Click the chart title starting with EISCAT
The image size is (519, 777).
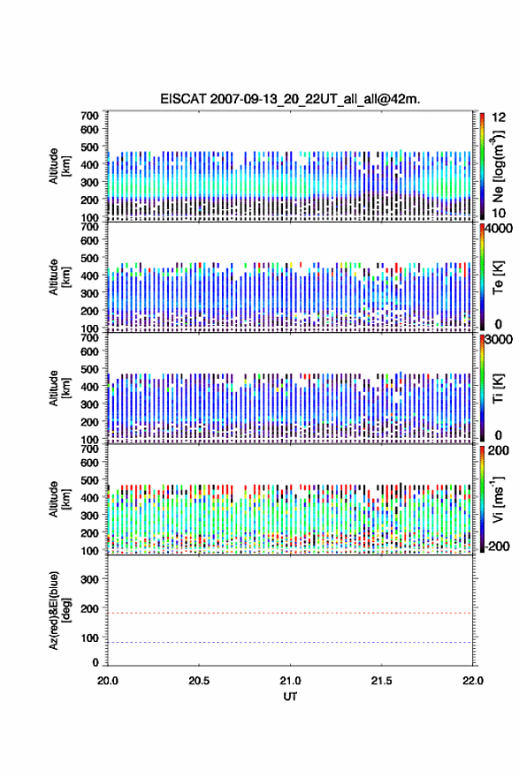click(x=290, y=99)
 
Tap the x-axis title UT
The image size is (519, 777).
click(x=290, y=697)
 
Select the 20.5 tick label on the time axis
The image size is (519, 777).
click(x=199, y=681)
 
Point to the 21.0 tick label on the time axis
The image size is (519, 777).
click(x=290, y=681)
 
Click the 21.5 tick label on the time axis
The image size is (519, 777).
click(x=382, y=681)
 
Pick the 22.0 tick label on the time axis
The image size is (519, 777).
click(x=473, y=681)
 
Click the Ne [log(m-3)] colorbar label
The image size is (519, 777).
click(x=498, y=167)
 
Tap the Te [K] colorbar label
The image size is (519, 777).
click(x=498, y=277)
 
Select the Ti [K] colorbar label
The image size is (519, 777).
click(x=498, y=388)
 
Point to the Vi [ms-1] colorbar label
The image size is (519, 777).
click(x=498, y=500)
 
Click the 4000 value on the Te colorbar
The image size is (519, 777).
click(x=499, y=229)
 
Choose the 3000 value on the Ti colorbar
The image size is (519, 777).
click(x=499, y=339)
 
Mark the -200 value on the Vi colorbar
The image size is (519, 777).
click(x=498, y=546)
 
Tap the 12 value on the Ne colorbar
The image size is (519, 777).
click(x=499, y=117)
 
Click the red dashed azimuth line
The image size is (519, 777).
click(x=290, y=613)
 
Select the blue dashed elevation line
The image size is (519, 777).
click(x=290, y=642)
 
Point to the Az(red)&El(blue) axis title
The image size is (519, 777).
click(x=58, y=610)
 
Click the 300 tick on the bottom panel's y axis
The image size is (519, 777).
click(x=89, y=579)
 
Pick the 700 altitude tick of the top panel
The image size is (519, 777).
click(x=89, y=116)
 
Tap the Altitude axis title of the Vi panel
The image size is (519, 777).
click(x=58, y=500)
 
